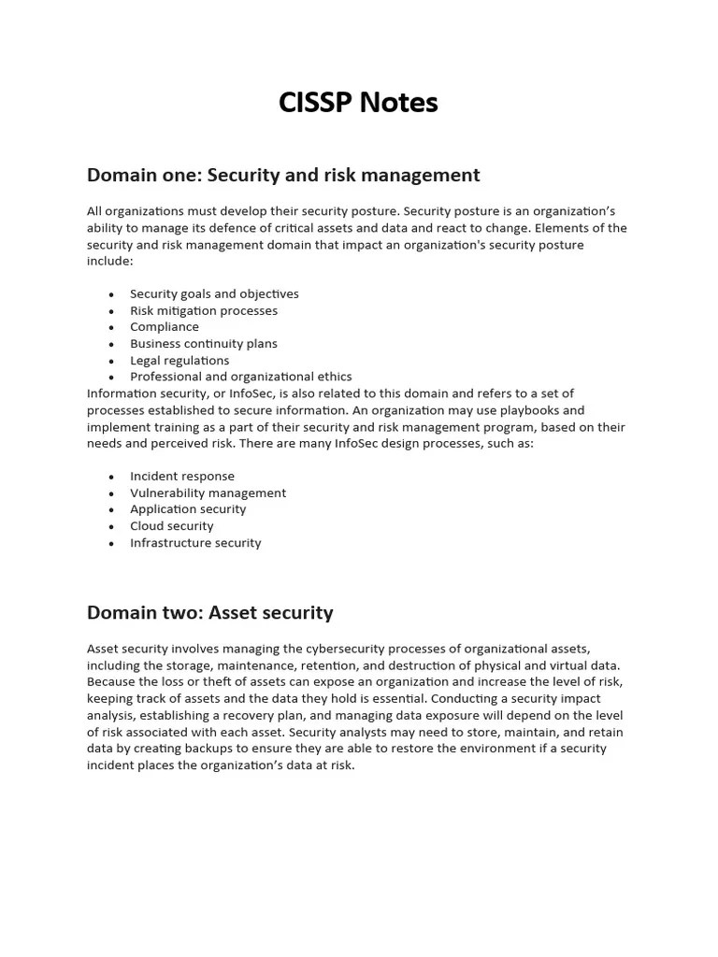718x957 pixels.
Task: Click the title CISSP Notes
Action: tap(358, 103)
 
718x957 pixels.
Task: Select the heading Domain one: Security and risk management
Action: tap(283, 175)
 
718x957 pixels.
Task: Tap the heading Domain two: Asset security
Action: tap(209, 613)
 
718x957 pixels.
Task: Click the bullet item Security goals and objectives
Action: tap(214, 293)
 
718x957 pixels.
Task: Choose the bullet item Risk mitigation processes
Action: tap(203, 310)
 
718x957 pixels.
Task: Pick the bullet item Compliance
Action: tap(164, 327)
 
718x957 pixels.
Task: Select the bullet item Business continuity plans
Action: tap(203, 344)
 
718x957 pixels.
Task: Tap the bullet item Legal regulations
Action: tap(179, 361)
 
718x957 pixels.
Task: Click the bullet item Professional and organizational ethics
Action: tap(240, 377)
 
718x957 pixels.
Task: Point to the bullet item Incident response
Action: tap(181, 476)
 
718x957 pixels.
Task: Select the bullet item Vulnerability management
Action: tap(208, 493)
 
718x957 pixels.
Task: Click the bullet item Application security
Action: tap(188, 509)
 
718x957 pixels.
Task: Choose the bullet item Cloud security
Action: tap(171, 526)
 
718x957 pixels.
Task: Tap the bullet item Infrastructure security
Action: tap(195, 543)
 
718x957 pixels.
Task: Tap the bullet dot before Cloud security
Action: tap(110, 526)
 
